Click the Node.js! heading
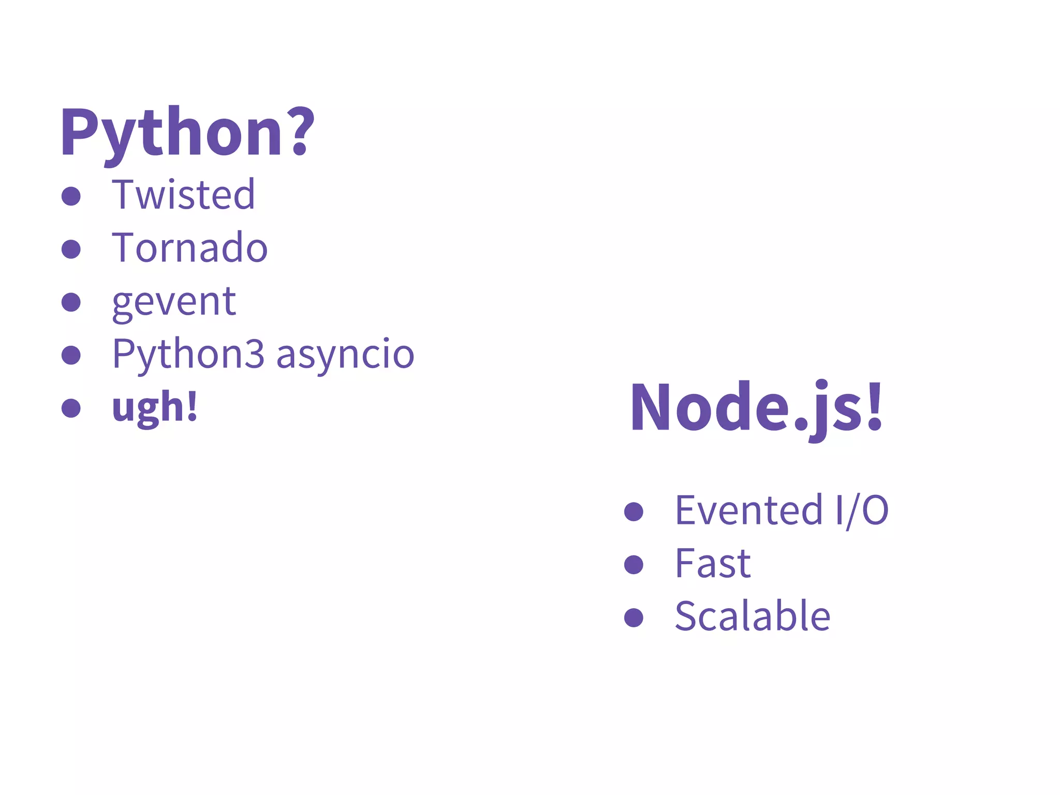(x=756, y=407)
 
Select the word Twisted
(x=183, y=195)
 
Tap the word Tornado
(x=189, y=248)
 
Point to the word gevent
(x=174, y=302)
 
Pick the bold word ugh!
(x=155, y=407)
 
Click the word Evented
(x=748, y=511)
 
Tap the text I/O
(x=862, y=511)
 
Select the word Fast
(x=713, y=564)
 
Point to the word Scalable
(x=753, y=616)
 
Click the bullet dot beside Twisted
(x=71, y=196)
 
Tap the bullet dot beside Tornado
(x=71, y=249)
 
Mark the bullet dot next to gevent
(x=71, y=302)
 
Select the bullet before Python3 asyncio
(x=71, y=355)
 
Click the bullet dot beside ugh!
(x=71, y=408)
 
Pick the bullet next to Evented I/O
(x=634, y=512)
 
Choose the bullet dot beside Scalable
(x=634, y=617)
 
